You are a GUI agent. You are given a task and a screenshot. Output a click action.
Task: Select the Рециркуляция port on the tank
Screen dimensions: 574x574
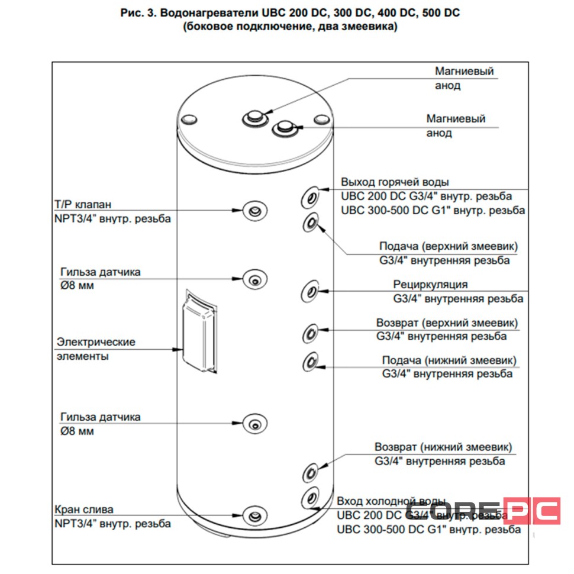(310, 291)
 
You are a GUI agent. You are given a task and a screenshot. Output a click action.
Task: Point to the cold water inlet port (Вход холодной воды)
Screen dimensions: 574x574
(309, 497)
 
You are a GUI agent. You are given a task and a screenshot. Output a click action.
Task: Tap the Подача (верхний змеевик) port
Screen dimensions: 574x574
(310, 223)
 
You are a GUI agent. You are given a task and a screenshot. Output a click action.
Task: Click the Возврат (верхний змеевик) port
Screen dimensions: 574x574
(310, 333)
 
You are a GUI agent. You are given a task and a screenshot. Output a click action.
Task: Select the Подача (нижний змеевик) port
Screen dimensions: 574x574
(310, 362)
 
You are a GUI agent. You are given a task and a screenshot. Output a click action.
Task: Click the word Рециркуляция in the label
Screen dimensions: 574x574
(430, 285)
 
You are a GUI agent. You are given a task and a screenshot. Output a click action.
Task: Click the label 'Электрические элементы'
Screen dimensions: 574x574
(95, 349)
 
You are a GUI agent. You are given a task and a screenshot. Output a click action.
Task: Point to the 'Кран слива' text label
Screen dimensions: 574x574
(83, 509)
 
